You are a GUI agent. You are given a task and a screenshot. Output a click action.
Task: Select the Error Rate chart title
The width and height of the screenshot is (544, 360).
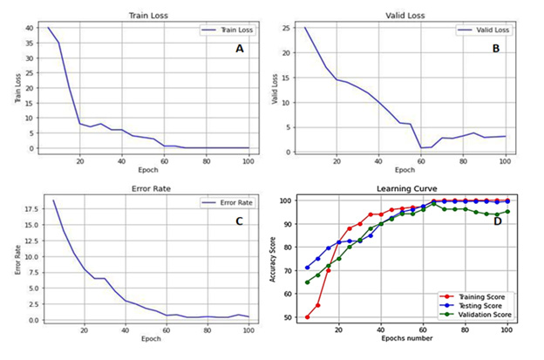click(x=145, y=187)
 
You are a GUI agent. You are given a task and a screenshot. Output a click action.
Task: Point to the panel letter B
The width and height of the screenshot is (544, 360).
click(x=495, y=50)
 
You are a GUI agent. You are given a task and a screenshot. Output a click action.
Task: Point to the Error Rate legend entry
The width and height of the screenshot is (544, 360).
click(x=226, y=203)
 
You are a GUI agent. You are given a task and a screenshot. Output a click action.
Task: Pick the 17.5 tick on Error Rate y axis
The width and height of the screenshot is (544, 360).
click(x=27, y=210)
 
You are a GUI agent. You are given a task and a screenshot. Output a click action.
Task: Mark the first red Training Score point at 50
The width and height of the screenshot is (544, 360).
click(x=308, y=317)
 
